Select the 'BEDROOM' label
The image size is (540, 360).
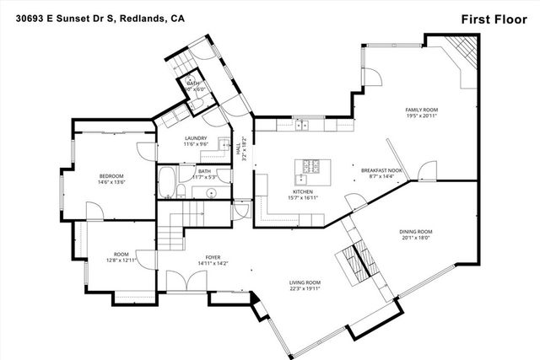click(x=112, y=175)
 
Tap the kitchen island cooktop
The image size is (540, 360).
click(x=311, y=164)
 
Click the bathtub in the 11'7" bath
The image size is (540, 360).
click(x=167, y=179)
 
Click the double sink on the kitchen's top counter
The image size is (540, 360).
click(x=301, y=126)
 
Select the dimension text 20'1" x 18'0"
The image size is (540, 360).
click(x=415, y=238)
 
